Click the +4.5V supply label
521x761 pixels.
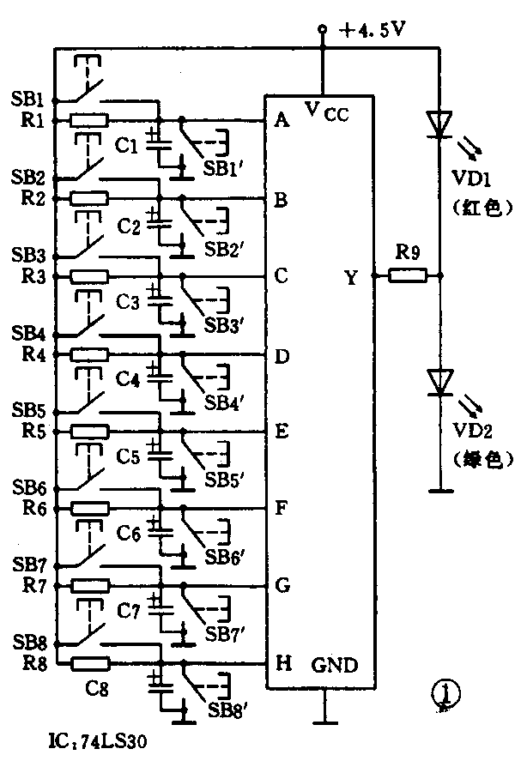372,31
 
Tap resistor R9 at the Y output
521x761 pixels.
408,276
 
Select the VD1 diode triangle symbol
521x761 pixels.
440,124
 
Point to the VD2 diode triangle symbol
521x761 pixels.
440,381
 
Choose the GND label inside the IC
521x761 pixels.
334,666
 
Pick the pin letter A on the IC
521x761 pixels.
281,120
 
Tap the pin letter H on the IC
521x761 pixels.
281,663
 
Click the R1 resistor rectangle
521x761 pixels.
88,120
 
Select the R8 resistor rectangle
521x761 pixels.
90,663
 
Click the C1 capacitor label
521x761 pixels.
127,146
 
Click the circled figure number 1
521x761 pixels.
444,696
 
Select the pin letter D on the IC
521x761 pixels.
281,354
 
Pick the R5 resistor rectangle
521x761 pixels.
89,432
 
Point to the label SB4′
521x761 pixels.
226,402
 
